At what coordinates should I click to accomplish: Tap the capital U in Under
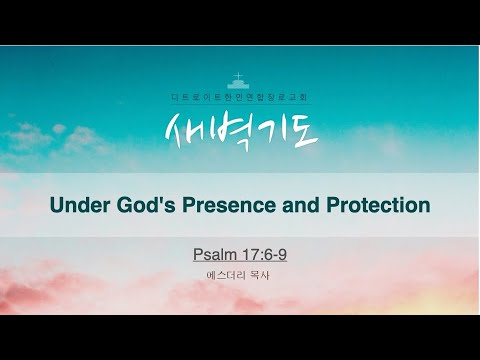tap(58, 205)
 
